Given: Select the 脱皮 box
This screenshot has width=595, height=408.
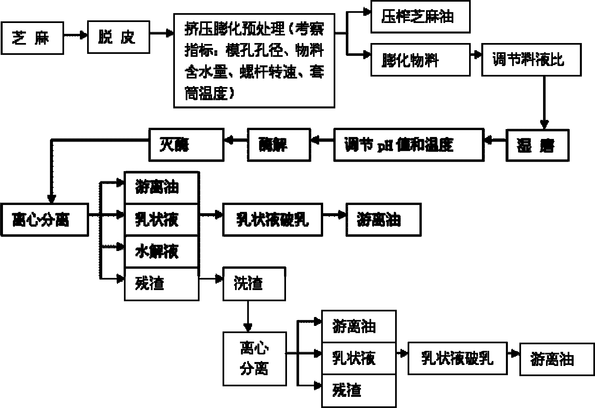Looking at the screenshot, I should pyautogui.click(x=118, y=37).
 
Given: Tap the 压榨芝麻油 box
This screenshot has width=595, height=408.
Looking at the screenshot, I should pyautogui.click(x=420, y=17).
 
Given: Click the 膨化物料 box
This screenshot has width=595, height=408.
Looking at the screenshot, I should pyautogui.click(x=420, y=60).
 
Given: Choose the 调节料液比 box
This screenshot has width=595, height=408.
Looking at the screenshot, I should pyautogui.click(x=531, y=60).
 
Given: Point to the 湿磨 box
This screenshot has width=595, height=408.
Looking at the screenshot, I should pyautogui.click(x=537, y=145).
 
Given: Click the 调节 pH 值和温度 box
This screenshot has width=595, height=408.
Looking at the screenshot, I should pyautogui.click(x=408, y=145).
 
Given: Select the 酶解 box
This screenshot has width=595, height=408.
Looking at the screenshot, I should pyautogui.click(x=278, y=145).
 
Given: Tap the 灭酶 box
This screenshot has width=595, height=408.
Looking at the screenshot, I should pyautogui.click(x=186, y=145).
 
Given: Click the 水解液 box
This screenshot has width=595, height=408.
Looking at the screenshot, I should pyautogui.click(x=161, y=251).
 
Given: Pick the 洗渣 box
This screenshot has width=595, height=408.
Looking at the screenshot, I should pyautogui.click(x=254, y=283).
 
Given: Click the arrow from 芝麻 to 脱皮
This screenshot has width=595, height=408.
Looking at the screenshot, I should pyautogui.click(x=75, y=34).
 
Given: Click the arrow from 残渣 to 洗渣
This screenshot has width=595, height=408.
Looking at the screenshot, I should pyautogui.click(x=211, y=279).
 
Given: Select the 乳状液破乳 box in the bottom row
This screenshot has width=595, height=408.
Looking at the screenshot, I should pyautogui.click(x=457, y=358).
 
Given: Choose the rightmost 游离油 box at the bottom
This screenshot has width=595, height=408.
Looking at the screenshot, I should pyautogui.click(x=557, y=359).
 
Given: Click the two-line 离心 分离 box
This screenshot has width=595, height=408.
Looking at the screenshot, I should pyautogui.click(x=254, y=358).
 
